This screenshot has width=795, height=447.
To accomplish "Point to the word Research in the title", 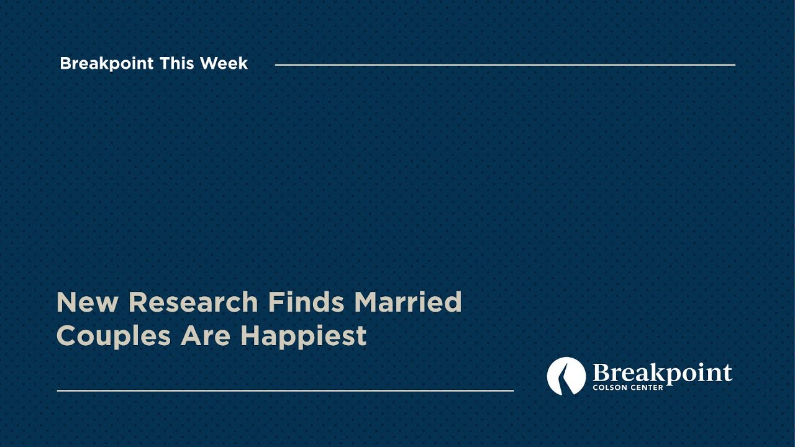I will (193, 302).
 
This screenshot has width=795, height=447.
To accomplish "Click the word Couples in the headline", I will (114, 336).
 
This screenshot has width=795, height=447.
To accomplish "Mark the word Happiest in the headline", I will (303, 336).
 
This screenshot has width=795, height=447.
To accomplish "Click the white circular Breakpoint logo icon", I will (566, 376).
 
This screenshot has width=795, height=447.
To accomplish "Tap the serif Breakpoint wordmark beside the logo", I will (662, 373).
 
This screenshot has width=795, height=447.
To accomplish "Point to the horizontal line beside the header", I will (504, 65).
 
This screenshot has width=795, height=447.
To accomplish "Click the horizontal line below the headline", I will (285, 391).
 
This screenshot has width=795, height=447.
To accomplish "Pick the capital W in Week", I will (208, 63).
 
